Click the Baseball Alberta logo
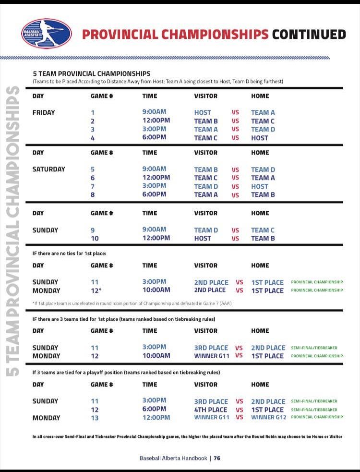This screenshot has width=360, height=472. tap(47, 34)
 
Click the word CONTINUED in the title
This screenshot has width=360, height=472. tap(309, 35)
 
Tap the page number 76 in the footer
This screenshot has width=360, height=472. tap(217, 458)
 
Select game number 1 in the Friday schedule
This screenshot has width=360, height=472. tap(93, 112)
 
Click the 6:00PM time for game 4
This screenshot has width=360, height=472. tap(154, 137)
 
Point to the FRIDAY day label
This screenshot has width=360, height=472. tap(44, 112)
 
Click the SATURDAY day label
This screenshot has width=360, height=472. tap(48, 169)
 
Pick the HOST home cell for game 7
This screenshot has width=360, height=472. tap(260, 186)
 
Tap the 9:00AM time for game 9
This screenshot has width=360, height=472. tap(154, 230)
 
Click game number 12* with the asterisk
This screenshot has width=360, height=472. tap(96, 290)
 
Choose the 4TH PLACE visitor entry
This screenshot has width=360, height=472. tap(211, 410)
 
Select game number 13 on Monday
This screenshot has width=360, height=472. tap(95, 418)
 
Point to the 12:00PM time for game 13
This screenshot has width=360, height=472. tap(156, 418)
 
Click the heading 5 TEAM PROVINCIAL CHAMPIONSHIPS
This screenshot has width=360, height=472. tap(91, 73)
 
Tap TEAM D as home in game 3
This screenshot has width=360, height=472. tap(263, 129)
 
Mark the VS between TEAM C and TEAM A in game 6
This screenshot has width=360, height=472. tap(235, 178)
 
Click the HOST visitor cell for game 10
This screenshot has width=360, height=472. tap(203, 238)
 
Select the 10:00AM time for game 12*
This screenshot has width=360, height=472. tap(156, 290)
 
